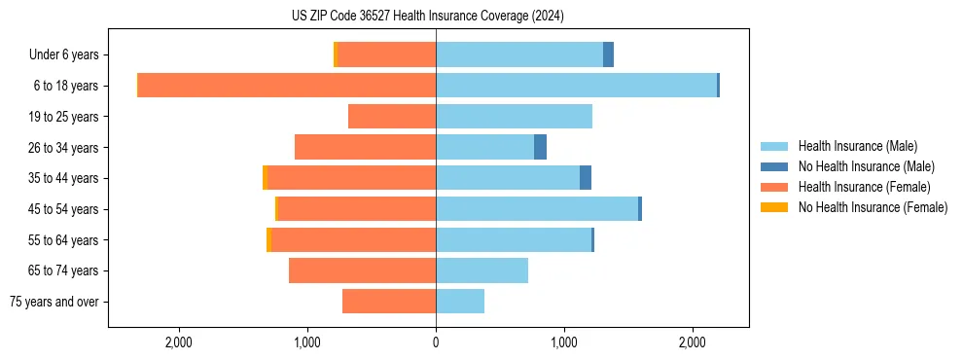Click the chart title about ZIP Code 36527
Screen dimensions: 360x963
click(x=427, y=16)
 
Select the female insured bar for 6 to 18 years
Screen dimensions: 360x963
click(x=287, y=86)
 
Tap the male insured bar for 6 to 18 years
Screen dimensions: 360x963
click(x=576, y=86)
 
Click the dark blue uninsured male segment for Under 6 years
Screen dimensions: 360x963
click(x=608, y=55)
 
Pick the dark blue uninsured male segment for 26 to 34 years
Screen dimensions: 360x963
click(x=540, y=147)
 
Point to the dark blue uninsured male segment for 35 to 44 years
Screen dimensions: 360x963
click(x=586, y=178)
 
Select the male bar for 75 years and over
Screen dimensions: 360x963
click(x=460, y=302)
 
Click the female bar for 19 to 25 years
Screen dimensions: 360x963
click(x=392, y=117)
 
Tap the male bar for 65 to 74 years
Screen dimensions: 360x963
click(x=481, y=270)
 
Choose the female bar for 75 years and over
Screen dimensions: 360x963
click(x=389, y=302)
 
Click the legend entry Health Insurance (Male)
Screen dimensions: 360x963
click(x=857, y=146)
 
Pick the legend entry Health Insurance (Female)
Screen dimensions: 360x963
click(x=864, y=187)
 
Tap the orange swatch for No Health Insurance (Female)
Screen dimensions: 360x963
click(x=775, y=207)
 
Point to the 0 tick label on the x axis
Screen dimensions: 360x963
click(x=436, y=342)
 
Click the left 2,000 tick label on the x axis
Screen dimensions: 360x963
click(x=179, y=342)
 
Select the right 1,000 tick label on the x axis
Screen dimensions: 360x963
click(x=564, y=342)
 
